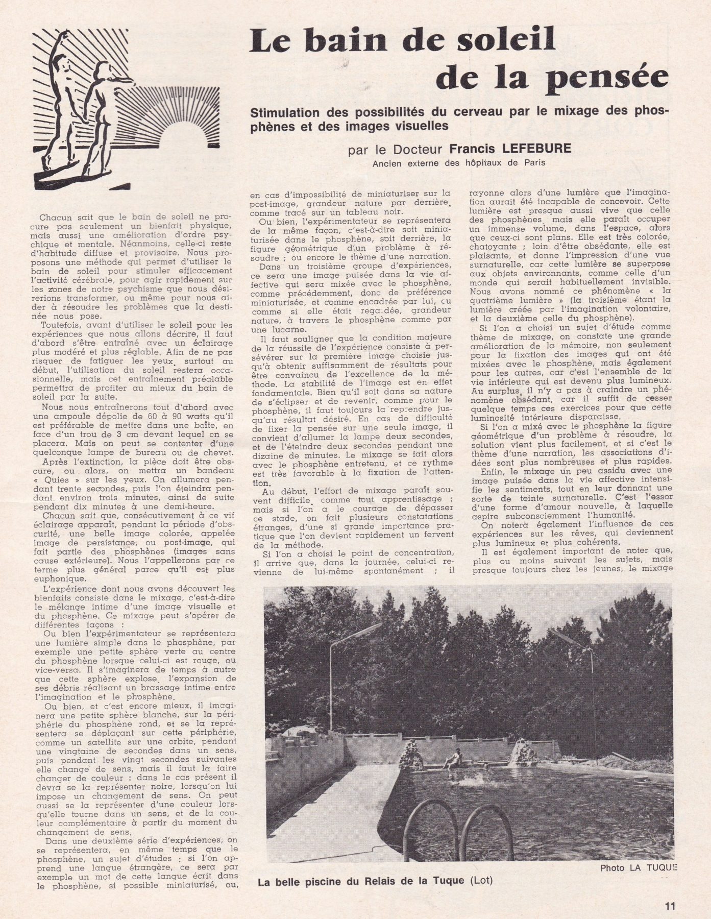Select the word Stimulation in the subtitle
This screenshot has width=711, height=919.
(290, 112)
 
